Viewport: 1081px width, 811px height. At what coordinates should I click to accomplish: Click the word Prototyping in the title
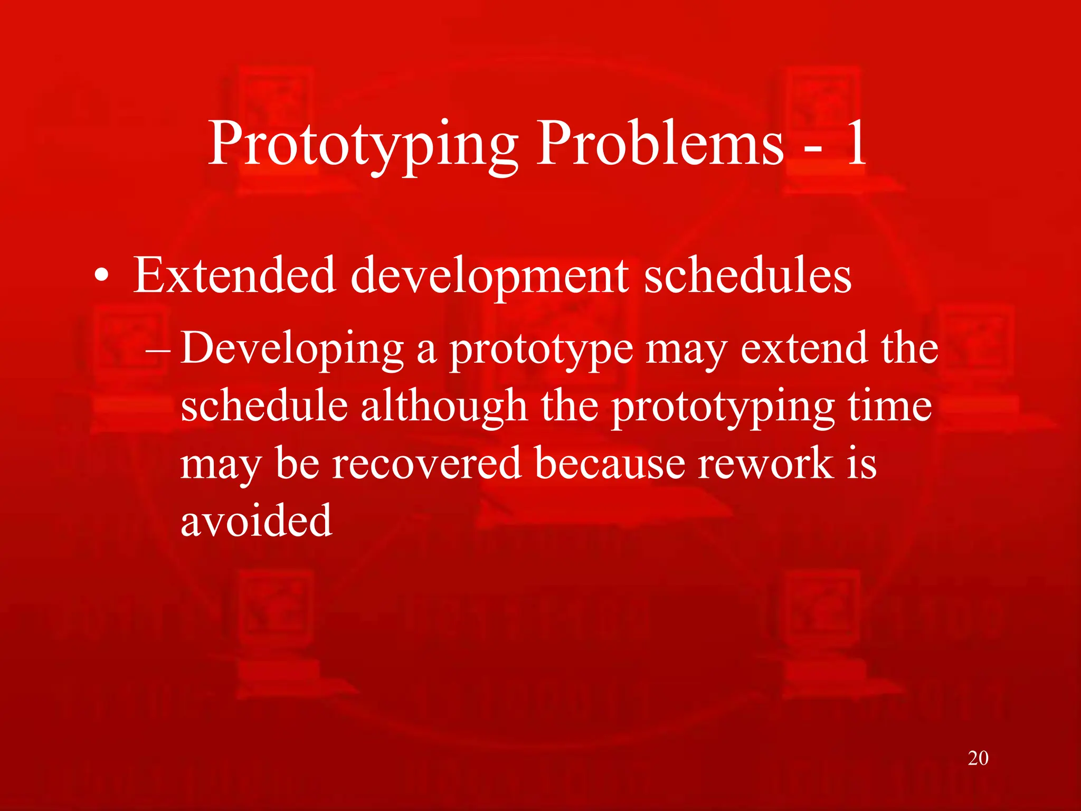tap(363, 145)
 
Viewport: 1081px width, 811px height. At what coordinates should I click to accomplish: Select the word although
tap(444, 407)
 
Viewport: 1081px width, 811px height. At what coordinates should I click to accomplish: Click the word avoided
tap(257, 521)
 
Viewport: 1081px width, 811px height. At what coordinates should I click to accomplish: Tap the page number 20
tap(978, 758)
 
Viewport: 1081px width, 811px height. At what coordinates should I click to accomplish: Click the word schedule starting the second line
tap(264, 407)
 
